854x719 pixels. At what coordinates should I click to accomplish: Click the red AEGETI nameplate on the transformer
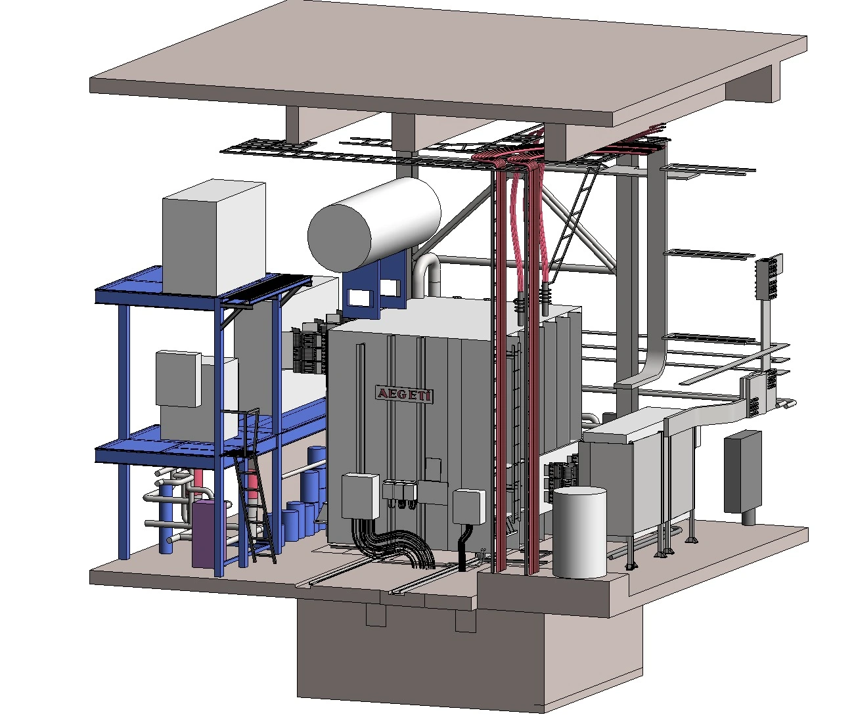[x=404, y=394]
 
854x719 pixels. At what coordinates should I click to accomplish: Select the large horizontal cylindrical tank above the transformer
[x=374, y=225]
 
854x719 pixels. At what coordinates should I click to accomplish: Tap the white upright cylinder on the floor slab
[x=579, y=533]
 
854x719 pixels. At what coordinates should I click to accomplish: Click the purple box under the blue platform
[x=209, y=533]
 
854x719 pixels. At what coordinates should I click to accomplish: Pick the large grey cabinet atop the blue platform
[x=214, y=237]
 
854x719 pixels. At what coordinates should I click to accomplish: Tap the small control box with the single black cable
[x=469, y=506]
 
